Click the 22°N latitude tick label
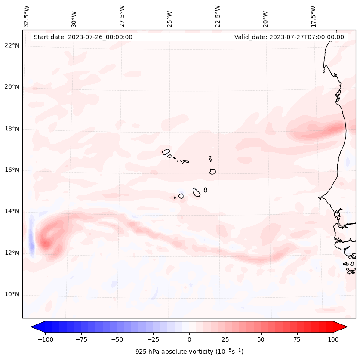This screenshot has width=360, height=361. (x=12, y=46)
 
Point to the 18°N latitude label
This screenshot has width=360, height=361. (x=12, y=129)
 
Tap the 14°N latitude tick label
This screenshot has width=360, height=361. (x=12, y=211)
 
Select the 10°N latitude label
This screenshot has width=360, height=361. (x=12, y=294)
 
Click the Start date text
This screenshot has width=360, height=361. (x=83, y=37)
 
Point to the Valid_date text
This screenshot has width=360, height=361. (x=289, y=37)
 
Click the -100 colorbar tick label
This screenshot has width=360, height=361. (x=45, y=339)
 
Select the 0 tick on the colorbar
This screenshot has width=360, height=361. (x=189, y=339)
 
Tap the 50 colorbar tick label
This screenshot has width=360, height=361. (x=261, y=339)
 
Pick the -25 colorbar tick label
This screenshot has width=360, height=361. (x=153, y=339)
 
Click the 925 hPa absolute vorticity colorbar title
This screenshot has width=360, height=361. (x=189, y=352)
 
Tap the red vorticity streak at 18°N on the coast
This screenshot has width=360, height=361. (x=333, y=128)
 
